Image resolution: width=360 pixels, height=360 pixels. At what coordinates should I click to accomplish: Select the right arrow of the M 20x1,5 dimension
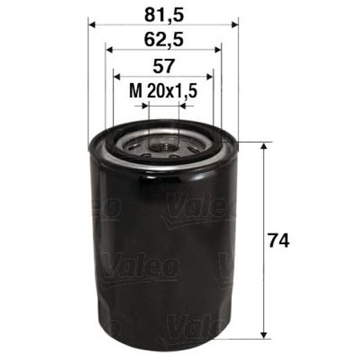click(182, 107)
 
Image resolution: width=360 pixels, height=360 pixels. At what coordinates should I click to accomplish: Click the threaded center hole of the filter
click(163, 147)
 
